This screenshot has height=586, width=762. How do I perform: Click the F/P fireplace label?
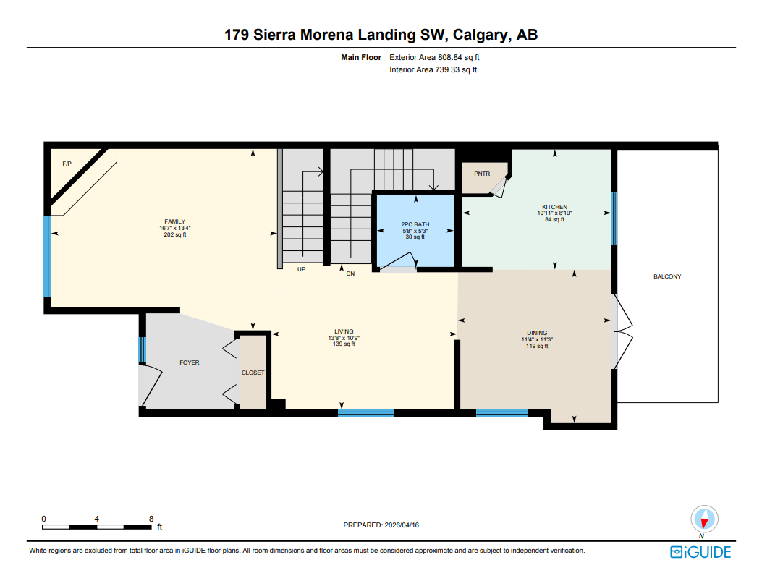tap(67, 164)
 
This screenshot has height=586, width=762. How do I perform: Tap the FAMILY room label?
tap(175, 221)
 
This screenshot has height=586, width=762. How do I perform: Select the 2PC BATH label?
tap(415, 224)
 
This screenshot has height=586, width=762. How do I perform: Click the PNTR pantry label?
tap(482, 174)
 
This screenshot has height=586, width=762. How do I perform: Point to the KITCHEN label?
tap(555, 207)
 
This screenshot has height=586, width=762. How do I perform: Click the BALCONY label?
tap(667, 276)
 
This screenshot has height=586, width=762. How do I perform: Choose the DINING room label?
tap(537, 333)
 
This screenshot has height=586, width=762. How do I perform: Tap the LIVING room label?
tap(344, 331)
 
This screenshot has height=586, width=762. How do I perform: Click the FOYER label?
tap(190, 362)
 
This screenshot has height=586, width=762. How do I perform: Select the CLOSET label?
tap(253, 373)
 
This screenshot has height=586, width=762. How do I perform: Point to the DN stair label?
tap(350, 273)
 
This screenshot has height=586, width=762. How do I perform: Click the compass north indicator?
tap(703, 519)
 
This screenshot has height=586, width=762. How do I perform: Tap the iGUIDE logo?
tap(700, 553)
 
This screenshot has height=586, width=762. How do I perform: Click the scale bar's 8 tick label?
tap(151, 519)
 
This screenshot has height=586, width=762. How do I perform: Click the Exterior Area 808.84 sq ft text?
tap(435, 56)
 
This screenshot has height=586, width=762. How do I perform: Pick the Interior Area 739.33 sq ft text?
tap(433, 69)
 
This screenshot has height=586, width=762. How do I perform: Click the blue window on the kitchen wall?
tap(614, 218)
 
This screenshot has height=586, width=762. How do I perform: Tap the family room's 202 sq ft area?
tap(175, 234)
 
